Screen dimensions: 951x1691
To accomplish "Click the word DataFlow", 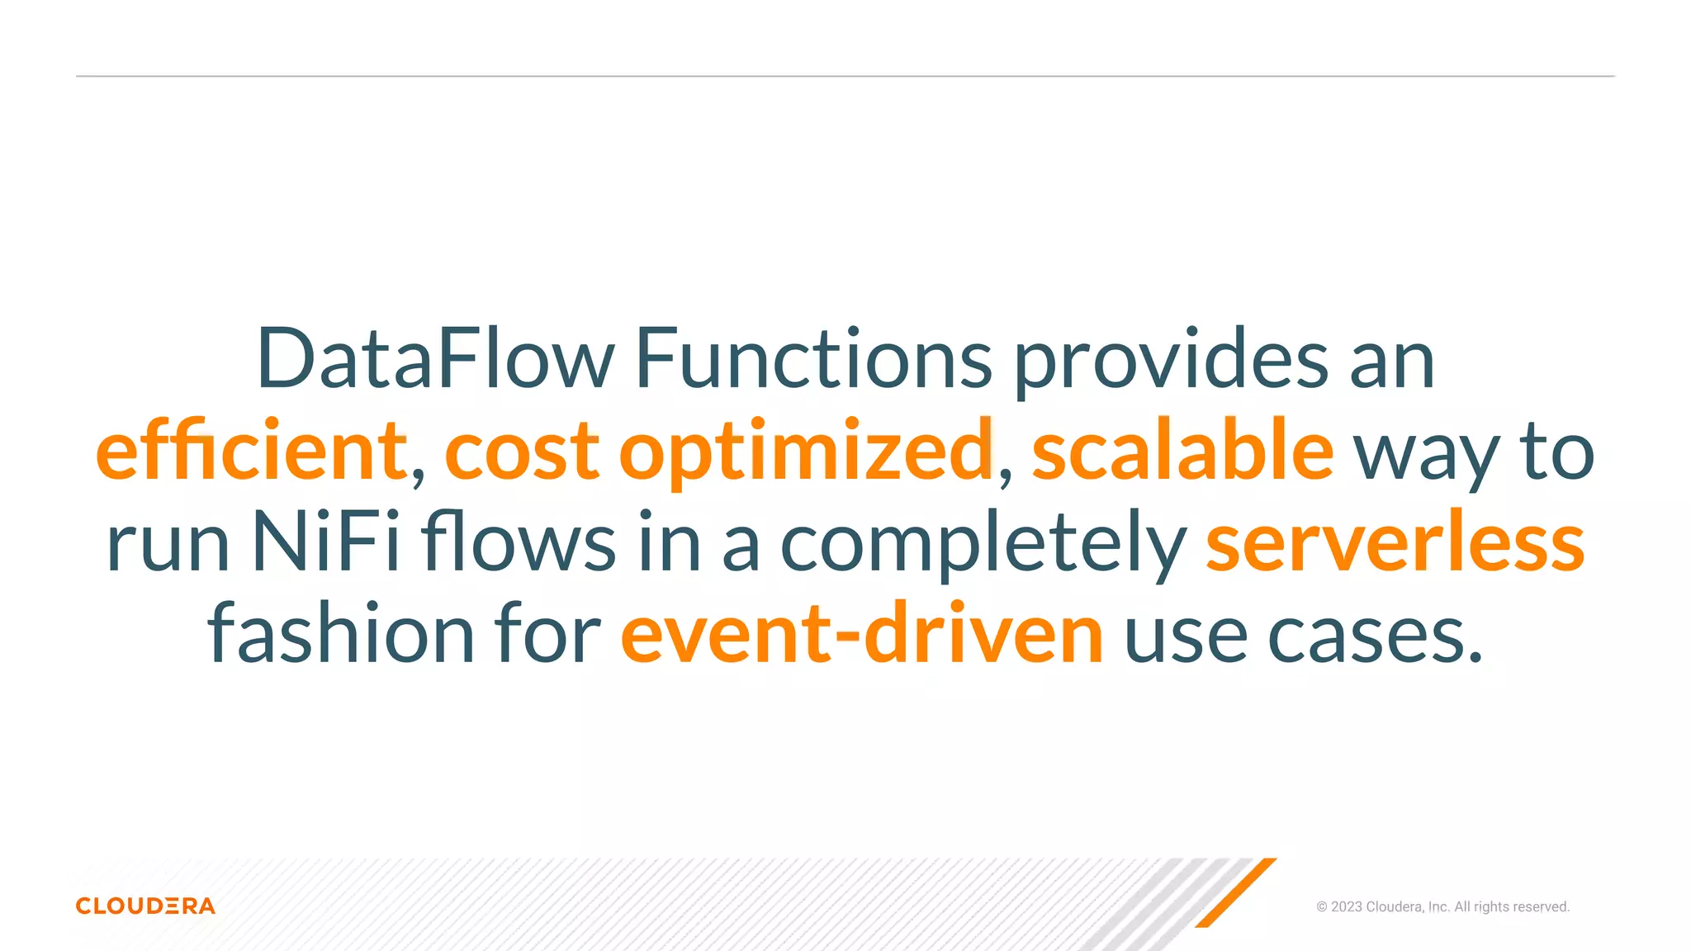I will pyautogui.click(x=435, y=359).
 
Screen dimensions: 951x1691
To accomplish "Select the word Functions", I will pyautogui.click(x=813, y=359).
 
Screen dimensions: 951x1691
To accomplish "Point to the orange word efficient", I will pyautogui.click(x=251, y=450).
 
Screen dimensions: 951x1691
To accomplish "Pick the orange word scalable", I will pyautogui.click(x=1182, y=450).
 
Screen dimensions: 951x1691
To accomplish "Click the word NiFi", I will pyautogui.click(x=325, y=542).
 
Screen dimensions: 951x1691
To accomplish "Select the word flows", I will pyautogui.click(x=519, y=542).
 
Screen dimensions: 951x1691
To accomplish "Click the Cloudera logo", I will pyautogui.click(x=145, y=906).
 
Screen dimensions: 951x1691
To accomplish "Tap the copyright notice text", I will pyautogui.click(x=1442, y=906).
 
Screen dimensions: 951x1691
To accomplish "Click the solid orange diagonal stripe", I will pyautogui.click(x=1235, y=893).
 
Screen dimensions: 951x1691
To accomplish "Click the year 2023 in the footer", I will pyautogui.click(x=1346, y=906).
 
